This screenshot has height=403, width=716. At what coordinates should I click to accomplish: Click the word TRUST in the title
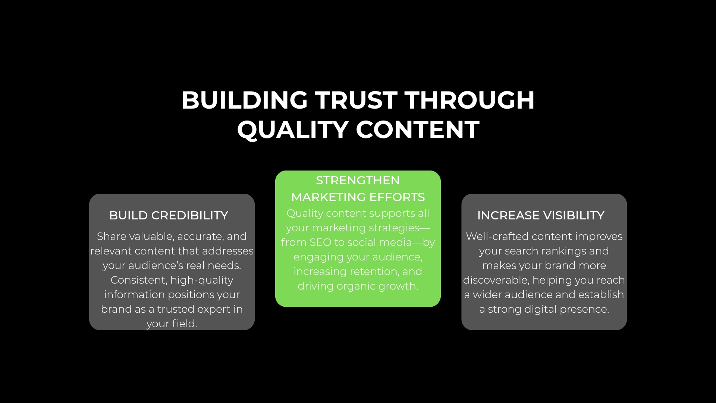click(x=356, y=100)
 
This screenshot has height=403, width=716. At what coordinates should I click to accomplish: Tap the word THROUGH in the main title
click(x=470, y=100)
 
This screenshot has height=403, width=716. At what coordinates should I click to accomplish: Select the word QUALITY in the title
click(x=293, y=130)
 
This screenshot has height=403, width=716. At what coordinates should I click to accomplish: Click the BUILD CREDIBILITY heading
click(x=169, y=215)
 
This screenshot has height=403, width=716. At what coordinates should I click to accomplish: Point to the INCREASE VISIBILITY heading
click(x=541, y=215)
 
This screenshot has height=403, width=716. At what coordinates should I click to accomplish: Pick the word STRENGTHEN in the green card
click(x=358, y=180)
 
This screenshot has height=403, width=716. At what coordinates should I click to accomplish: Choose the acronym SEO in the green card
click(x=320, y=242)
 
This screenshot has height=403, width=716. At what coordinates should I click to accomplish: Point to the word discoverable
click(x=496, y=280)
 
